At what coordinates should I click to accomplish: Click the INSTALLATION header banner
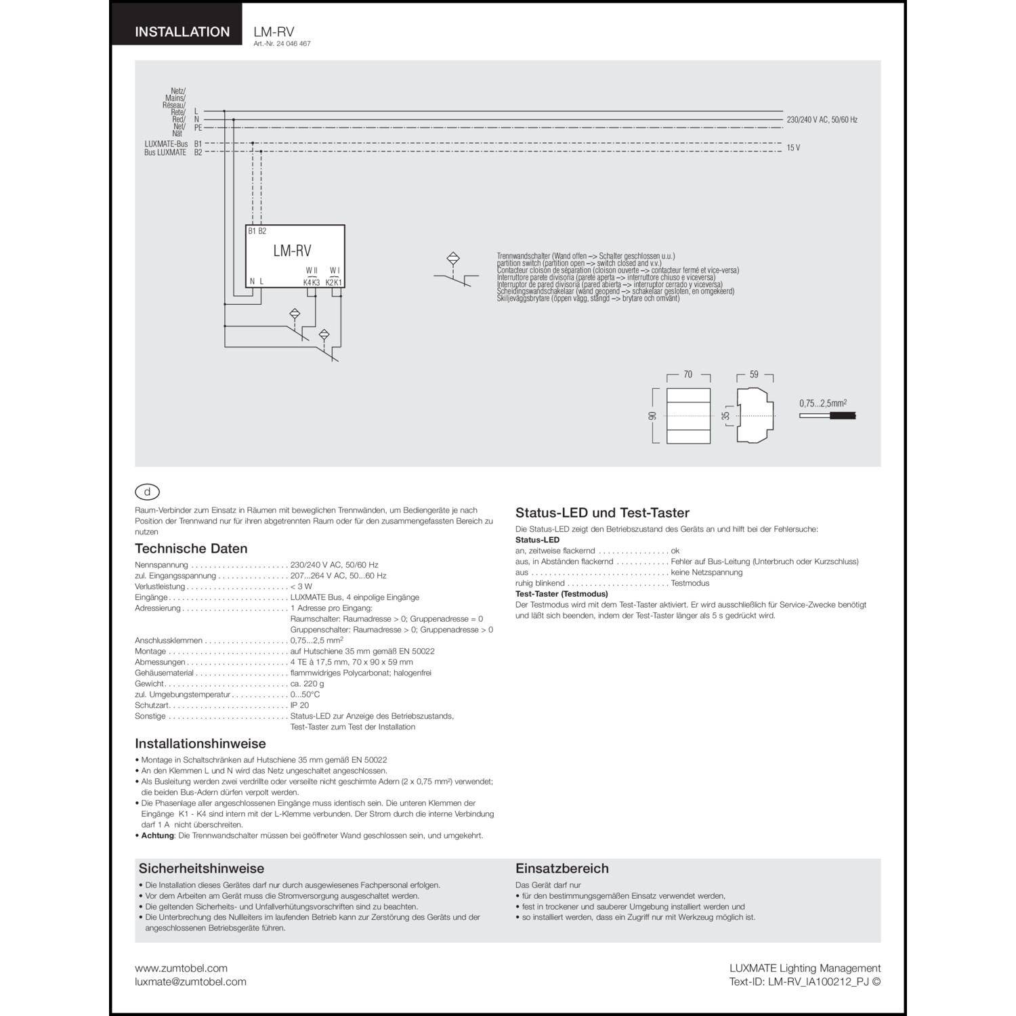pos(182,32)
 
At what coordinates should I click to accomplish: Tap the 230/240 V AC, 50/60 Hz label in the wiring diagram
pos(822,120)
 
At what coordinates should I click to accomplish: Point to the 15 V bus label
pos(793,148)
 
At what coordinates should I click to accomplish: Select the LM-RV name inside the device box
pos(292,251)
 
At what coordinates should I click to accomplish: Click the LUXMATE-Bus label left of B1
pos(166,144)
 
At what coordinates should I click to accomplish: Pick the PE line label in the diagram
pos(198,127)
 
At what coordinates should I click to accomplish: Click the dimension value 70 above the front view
pos(688,375)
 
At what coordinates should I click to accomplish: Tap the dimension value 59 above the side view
pos(754,375)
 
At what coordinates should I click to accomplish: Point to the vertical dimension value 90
pos(653,416)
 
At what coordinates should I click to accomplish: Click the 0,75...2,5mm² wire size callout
pos(823,403)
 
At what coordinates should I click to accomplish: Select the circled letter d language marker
pos(148,492)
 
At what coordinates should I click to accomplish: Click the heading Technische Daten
pos(191,549)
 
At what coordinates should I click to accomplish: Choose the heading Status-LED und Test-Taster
pos(602,513)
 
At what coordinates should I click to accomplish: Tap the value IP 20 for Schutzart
pos(299,705)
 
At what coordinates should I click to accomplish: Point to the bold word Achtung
pos(158,835)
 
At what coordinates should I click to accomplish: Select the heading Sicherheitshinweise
pos(201,868)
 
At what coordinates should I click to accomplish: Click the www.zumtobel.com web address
pos(181,969)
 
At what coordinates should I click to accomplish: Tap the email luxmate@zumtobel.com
pos(190,981)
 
